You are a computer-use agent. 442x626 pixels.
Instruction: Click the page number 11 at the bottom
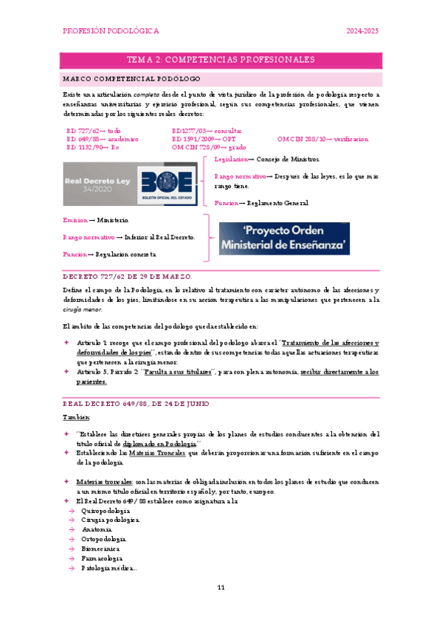221,588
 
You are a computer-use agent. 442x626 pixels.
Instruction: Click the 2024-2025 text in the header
363,32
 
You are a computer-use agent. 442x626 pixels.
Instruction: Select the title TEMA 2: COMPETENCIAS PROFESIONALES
221,60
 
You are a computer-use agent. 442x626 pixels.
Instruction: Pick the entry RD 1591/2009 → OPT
204,138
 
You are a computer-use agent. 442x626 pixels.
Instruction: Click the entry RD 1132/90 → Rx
93,147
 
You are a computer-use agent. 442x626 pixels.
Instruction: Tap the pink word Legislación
230,159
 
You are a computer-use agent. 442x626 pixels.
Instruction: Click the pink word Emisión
75,220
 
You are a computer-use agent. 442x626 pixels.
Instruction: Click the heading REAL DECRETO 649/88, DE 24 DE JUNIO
137,404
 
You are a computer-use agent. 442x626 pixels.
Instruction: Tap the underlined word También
75,418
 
